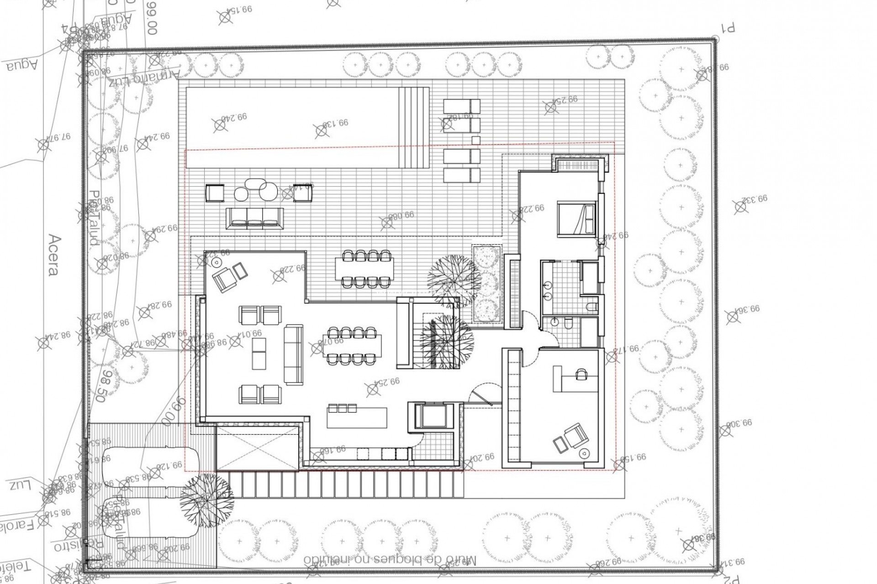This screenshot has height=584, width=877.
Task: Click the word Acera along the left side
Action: point(53,255)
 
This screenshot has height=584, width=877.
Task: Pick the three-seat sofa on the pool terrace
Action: point(254,218)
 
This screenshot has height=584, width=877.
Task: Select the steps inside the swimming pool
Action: point(414,128)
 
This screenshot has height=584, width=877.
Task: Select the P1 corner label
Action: point(727,28)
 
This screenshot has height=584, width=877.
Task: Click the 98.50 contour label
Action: point(105,386)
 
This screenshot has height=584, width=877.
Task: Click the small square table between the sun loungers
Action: point(475,140)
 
